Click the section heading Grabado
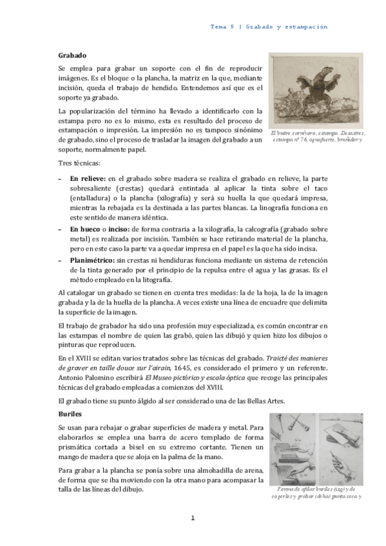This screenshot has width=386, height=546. [72, 57]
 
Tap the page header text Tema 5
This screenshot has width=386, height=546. [223, 27]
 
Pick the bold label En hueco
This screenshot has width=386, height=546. [85, 229]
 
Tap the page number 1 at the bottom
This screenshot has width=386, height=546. [193, 518]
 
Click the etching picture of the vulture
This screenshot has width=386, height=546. [316, 90]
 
